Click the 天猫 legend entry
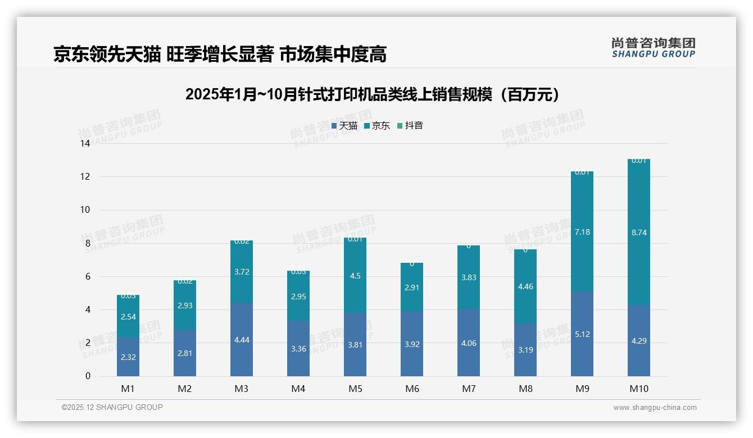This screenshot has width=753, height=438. pos(344,126)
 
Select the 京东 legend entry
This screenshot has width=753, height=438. pos(377,126)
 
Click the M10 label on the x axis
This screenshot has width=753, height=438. pos(638,389)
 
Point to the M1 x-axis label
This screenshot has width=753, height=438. pos(128,389)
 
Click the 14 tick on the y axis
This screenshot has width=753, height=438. pos(85,143)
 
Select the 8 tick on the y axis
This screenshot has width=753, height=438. pos(87,243)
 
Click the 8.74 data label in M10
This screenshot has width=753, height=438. pos(638,232)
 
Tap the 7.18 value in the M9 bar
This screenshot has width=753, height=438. pos(582,232)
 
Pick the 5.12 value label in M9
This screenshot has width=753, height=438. pos(582,334)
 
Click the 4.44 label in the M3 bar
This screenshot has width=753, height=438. pos(242,339)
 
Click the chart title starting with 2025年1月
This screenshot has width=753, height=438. pos(373,94)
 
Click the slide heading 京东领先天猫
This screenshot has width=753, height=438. pos(220,54)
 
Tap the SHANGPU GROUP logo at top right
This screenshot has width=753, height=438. pos(653,48)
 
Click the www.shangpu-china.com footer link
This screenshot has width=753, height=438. pos(655,408)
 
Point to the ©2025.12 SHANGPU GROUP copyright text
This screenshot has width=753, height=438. pos(112,407)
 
